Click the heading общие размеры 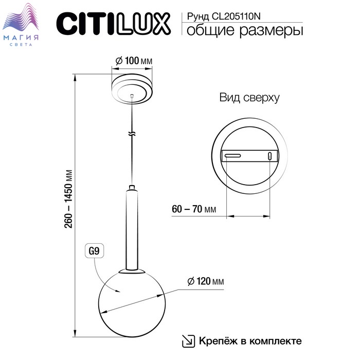(244, 31)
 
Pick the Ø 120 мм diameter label (206, 281)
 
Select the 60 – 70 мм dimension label (194, 210)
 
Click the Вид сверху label (249, 98)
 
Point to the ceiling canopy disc (133, 89)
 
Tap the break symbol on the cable (133, 134)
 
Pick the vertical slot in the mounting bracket (269, 157)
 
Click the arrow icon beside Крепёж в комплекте (189, 340)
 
